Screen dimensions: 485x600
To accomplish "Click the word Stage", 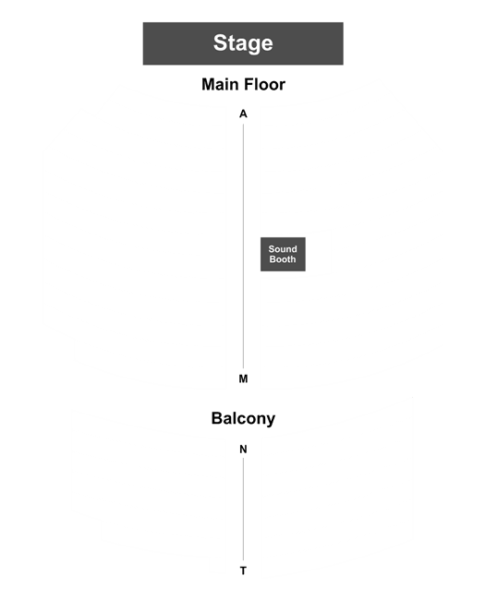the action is pos(243,42).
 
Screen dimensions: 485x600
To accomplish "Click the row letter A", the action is pos(243,114).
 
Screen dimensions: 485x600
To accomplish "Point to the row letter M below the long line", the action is pos(243,378).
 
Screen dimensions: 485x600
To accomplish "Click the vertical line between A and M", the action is pos(243,246).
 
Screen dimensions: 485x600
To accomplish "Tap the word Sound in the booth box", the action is pos(283,249).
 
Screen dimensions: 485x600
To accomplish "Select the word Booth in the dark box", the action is pos(283,259).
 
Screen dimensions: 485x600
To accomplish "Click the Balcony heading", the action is pos(243,419).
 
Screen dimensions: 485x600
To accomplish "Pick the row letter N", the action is pos(243,450).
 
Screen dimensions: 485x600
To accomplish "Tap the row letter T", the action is pos(243,570).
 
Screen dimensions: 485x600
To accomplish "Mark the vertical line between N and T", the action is pos(243,509).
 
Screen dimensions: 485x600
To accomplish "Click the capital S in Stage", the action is pos(220,42).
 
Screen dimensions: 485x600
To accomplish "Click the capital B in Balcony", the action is pos(217,418).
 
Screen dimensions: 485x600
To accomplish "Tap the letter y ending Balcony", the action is pos(271,421).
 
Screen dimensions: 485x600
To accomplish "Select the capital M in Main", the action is pos(208,84).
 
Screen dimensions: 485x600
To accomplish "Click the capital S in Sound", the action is pos(272,249).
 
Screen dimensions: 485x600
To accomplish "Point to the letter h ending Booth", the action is pos(294,259).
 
